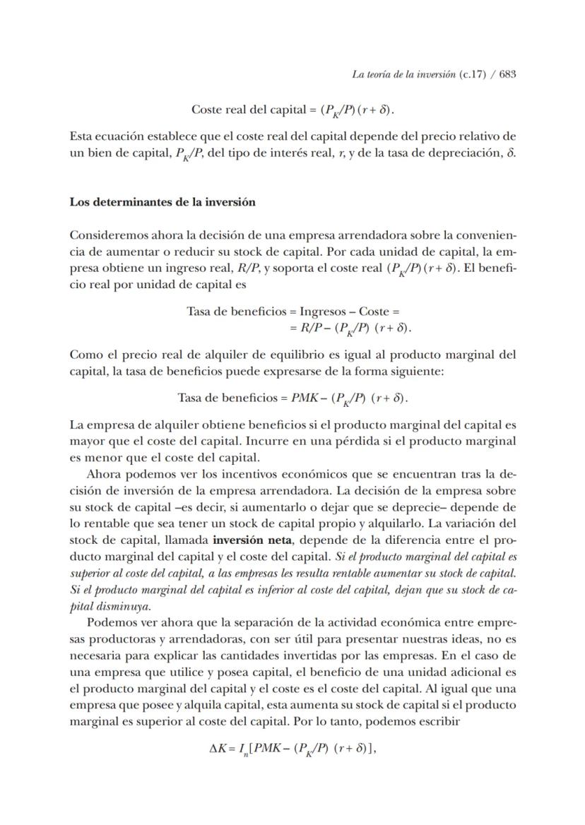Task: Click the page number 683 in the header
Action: tap(507, 74)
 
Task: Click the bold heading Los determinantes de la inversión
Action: tap(162, 201)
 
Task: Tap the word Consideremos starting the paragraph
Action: tap(105, 234)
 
